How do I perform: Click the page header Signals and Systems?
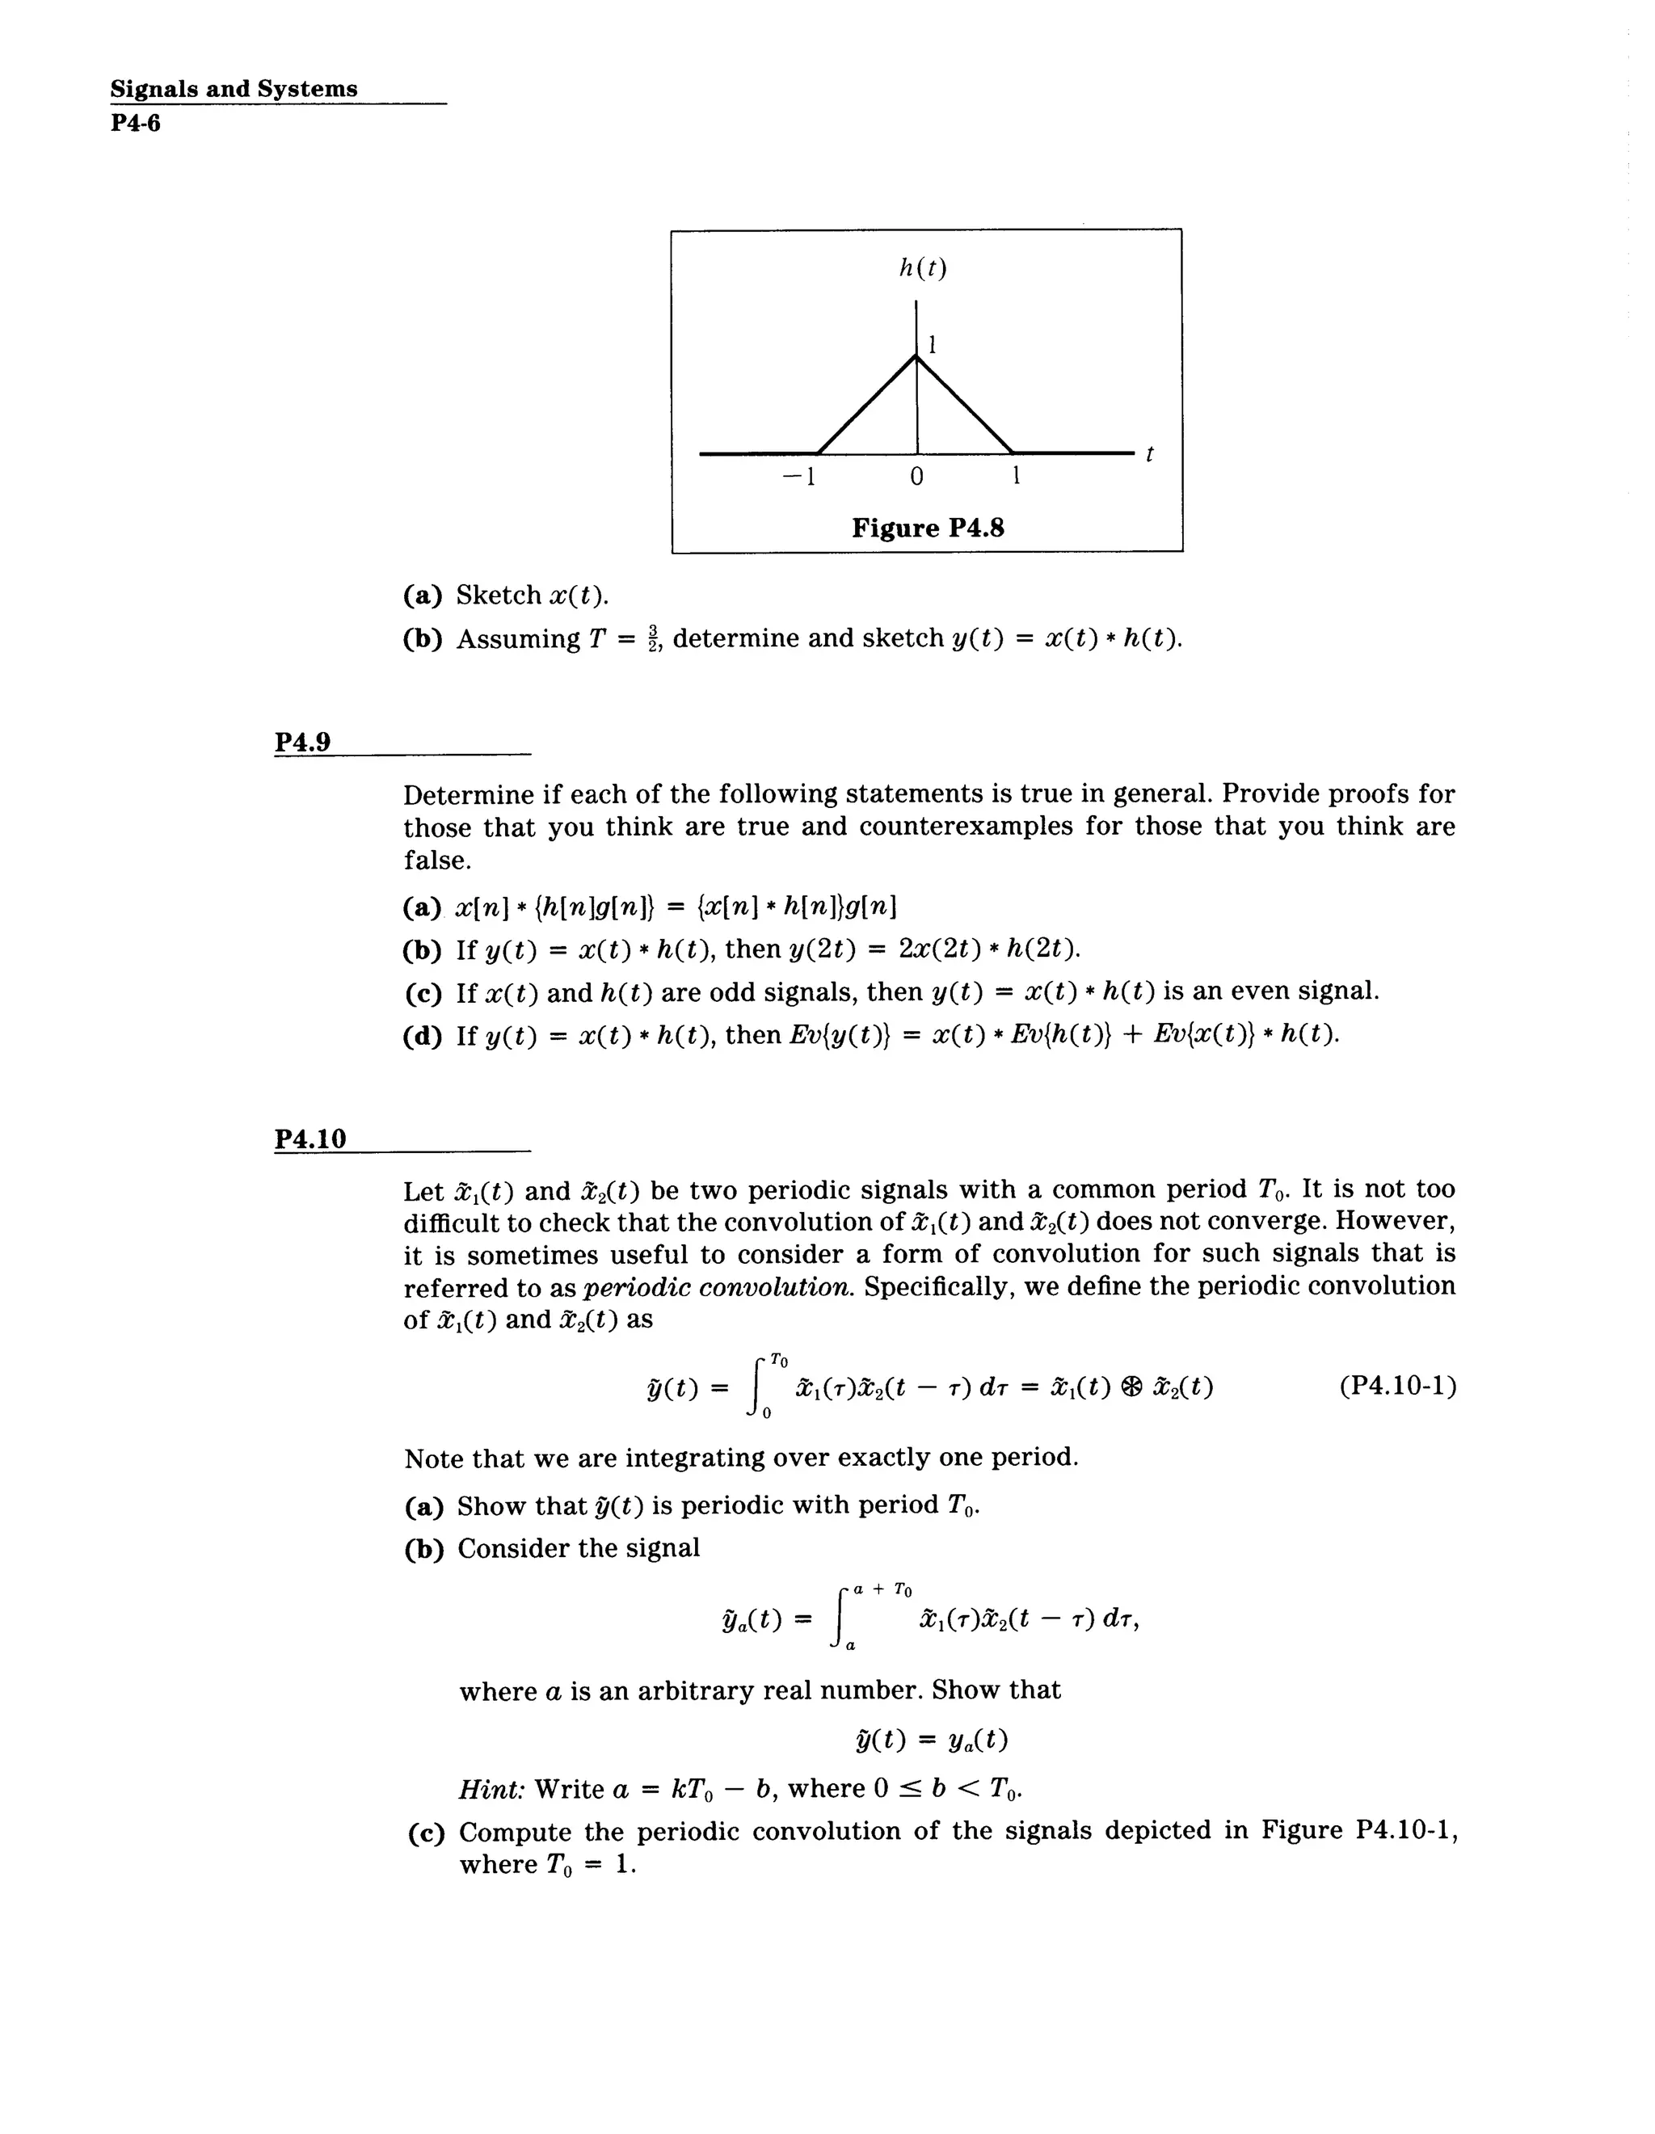[234, 89]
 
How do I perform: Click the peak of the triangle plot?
[916, 356]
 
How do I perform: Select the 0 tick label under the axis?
[916, 477]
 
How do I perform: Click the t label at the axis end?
[1149, 454]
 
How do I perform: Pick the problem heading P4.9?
[303, 742]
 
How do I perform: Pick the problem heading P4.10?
[310, 1139]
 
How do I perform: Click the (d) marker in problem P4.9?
[422, 1036]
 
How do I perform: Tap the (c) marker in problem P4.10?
[426, 1832]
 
